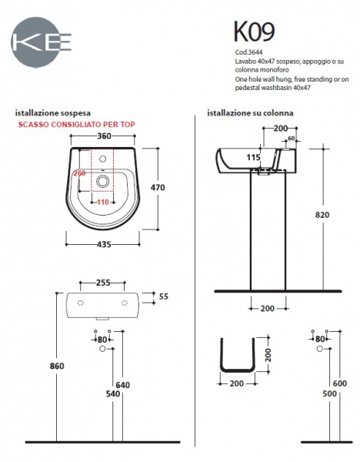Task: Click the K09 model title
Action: [255, 32]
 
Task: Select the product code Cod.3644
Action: [248, 52]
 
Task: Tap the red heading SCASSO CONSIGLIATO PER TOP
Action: [76, 124]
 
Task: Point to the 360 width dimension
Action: [104, 136]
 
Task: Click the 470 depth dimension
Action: [158, 187]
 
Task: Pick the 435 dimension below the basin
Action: [104, 244]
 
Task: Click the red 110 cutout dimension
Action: [103, 202]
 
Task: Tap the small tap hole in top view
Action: [103, 159]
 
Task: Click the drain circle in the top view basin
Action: [103, 181]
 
